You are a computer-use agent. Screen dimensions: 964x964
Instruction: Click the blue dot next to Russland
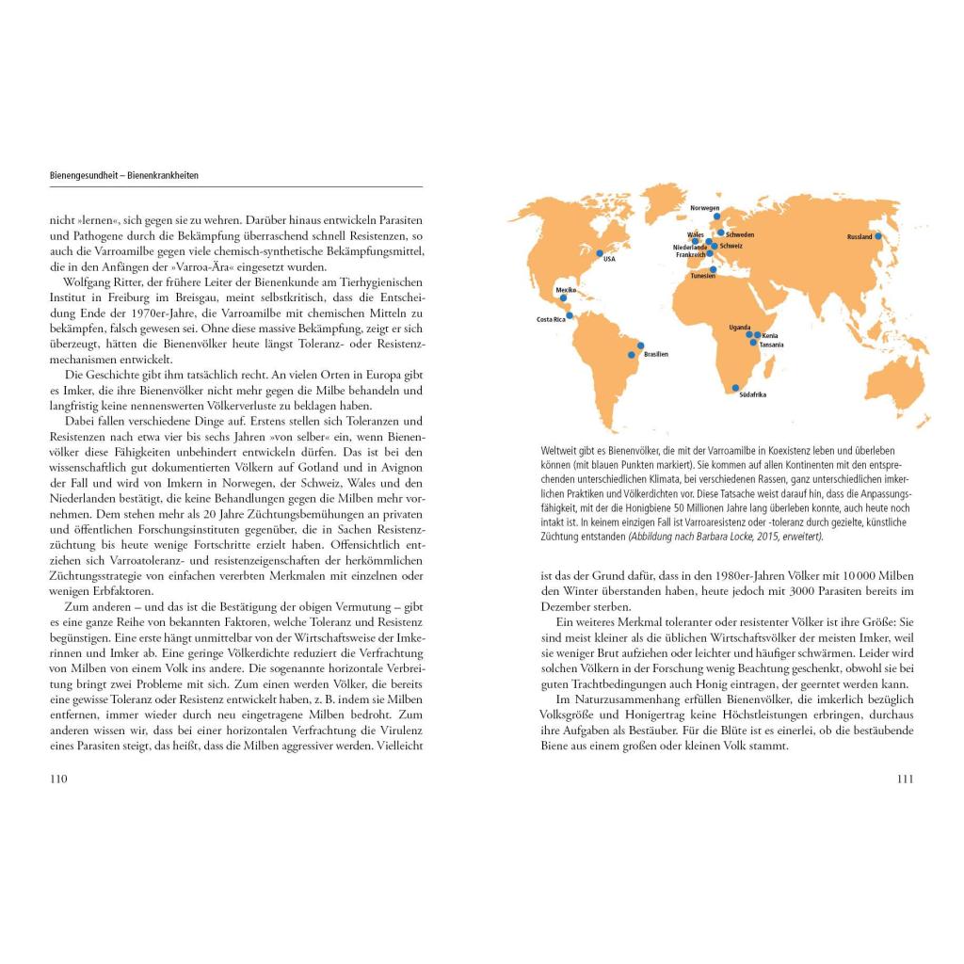[878, 236]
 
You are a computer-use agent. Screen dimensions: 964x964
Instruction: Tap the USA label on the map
[608, 259]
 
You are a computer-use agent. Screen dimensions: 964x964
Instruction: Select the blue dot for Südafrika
[735, 387]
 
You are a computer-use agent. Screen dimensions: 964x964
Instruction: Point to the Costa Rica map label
[551, 320]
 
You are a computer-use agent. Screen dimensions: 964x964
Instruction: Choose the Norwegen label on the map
[704, 208]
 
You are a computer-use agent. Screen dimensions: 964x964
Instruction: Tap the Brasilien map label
[656, 354]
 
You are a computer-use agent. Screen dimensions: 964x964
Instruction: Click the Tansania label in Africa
[771, 345]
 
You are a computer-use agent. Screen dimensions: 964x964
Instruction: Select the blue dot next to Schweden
[721, 232]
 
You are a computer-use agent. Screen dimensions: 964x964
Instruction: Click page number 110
[58, 779]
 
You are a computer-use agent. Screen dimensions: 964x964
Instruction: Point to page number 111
[905, 779]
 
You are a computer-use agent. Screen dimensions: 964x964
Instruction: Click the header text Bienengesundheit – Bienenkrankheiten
[124, 176]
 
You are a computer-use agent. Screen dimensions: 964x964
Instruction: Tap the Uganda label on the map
[740, 328]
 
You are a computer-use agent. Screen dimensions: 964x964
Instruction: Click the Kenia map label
[770, 335]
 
